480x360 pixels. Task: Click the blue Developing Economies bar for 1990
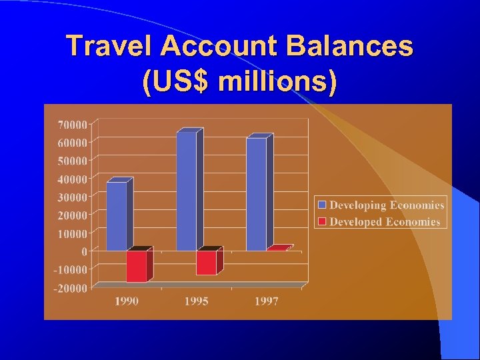[x=117, y=215]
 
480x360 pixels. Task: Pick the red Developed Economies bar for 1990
[x=137, y=265]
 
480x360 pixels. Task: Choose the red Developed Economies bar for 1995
[x=206, y=262]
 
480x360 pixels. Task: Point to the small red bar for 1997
[x=278, y=249]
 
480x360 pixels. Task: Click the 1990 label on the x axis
[x=127, y=301]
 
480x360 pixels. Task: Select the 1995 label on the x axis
[x=196, y=301]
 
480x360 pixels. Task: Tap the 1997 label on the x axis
[x=266, y=301]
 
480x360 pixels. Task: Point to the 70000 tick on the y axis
[x=73, y=124]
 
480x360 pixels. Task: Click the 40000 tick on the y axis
[x=73, y=179]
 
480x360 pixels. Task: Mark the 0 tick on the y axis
[x=84, y=252]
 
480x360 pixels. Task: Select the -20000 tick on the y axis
[x=71, y=288]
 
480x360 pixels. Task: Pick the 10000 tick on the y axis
[x=73, y=233]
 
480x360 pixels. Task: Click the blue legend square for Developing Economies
[x=323, y=205]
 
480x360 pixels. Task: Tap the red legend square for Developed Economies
[x=323, y=221]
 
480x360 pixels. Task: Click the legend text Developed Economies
[x=385, y=221]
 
